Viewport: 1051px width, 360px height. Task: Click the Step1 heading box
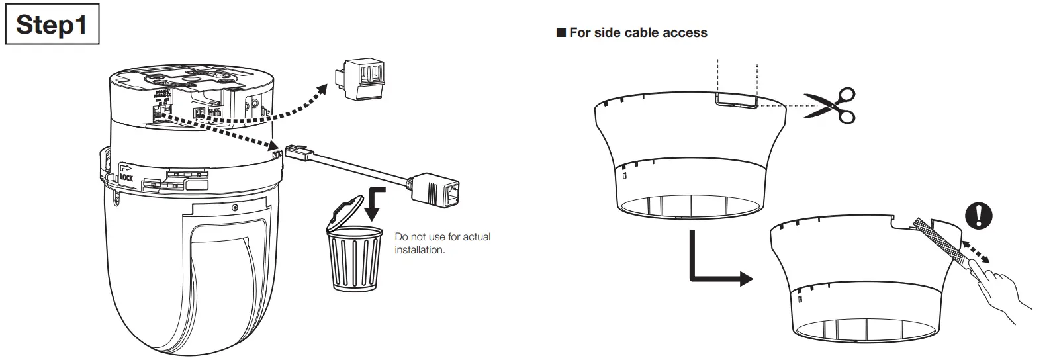(x=52, y=24)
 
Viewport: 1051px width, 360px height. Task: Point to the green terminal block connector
(x=362, y=77)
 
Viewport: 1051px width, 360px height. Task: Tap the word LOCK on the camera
(x=126, y=177)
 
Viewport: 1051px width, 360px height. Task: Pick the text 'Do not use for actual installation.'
(x=442, y=243)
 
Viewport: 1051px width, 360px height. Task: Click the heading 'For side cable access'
(x=638, y=32)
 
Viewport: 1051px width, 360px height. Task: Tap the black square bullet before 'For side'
(x=561, y=32)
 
